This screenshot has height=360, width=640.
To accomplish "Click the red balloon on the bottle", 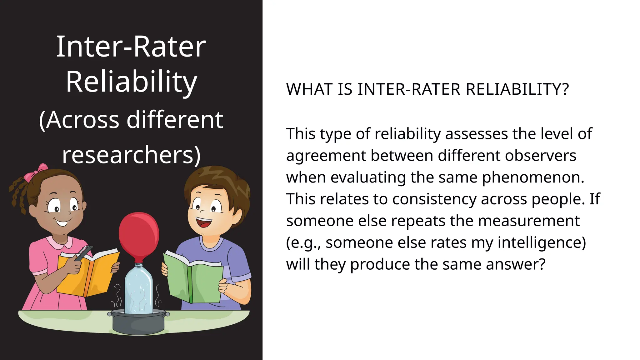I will coord(139,233).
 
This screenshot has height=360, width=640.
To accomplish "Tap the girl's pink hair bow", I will coord(35,173).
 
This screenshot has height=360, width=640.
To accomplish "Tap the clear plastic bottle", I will coord(139,289).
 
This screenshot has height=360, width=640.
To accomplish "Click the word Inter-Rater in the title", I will coord(131,47).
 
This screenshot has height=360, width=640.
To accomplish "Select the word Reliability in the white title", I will coord(131,82).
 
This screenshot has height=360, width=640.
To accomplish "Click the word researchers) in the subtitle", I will coord(131,155).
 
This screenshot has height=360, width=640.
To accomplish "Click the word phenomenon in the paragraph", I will coord(533,177).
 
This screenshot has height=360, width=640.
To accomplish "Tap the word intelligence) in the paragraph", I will coord(542,242).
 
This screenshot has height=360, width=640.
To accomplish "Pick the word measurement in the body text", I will coord(529,221).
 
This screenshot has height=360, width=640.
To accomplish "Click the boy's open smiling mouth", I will coord(204,222).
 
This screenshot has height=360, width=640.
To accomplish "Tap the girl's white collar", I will coord(59,242).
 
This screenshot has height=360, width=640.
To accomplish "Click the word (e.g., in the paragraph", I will coord(303,243).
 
